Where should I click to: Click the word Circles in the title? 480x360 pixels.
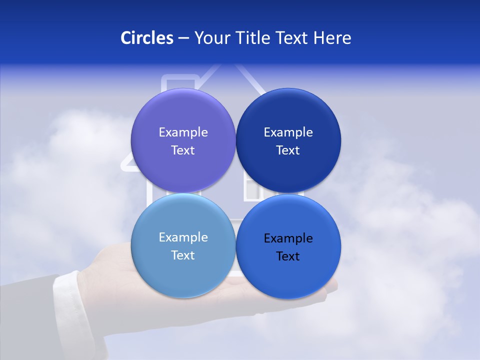147,38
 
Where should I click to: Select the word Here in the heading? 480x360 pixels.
332,38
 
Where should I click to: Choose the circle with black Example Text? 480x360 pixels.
288,270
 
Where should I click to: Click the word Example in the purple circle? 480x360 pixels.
183,132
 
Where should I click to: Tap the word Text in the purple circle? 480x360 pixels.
183,150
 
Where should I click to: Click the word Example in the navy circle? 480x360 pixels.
288,132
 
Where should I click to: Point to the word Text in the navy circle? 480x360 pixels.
288,150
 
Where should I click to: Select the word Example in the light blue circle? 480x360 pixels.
183,237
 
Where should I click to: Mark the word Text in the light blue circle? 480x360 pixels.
183,255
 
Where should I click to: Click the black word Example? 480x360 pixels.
288,238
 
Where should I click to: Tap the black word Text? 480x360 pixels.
288,256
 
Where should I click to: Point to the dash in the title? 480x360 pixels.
183,38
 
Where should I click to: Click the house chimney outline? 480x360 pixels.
172,80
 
